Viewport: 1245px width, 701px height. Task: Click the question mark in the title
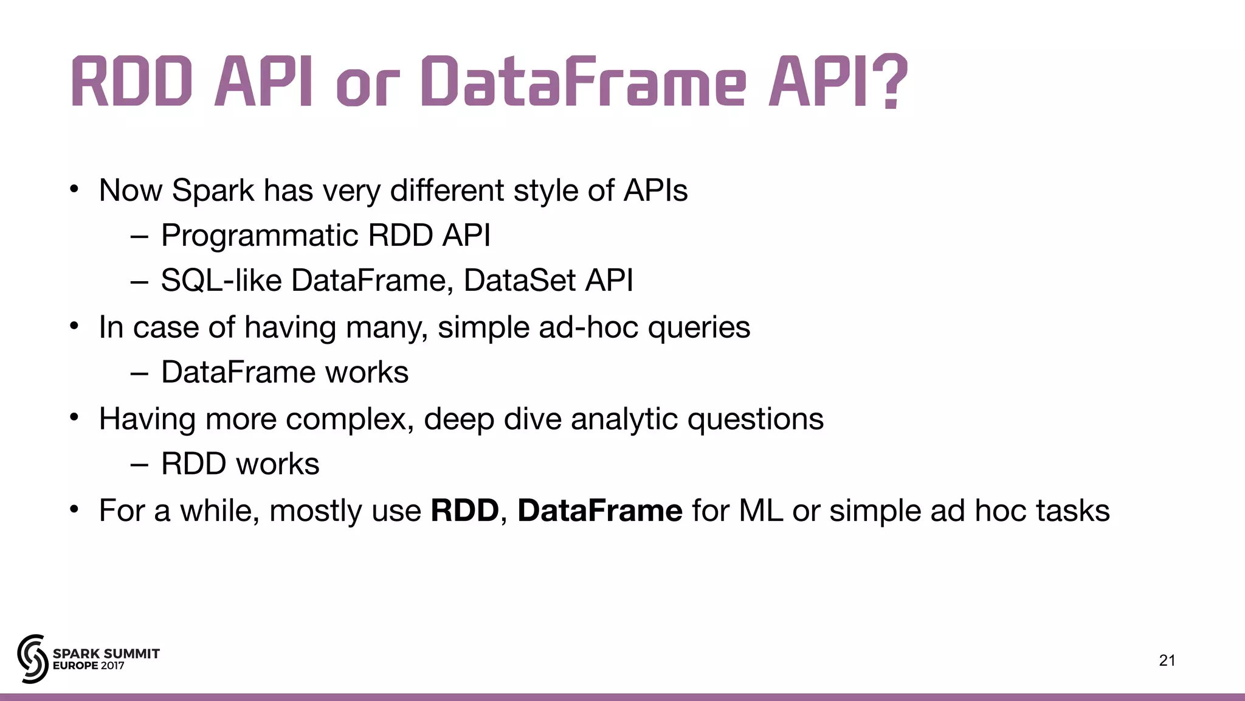point(891,82)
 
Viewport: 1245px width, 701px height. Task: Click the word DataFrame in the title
point(582,82)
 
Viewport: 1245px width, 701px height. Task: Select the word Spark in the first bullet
point(213,190)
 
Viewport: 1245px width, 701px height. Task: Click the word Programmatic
point(260,236)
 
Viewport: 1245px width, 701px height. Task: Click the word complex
point(350,420)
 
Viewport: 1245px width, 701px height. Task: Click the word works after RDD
point(278,464)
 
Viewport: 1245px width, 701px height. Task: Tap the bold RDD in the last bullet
point(464,511)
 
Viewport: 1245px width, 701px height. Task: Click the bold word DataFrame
point(599,511)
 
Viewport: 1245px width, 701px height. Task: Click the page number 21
point(1167,660)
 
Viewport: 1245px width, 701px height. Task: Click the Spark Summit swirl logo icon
point(32,658)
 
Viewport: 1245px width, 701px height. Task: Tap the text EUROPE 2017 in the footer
point(89,666)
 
